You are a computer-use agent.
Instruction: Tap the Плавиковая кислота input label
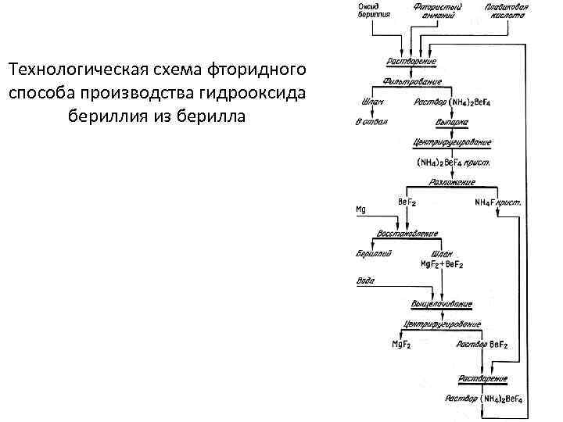tap(505, 11)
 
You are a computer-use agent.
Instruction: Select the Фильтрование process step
tap(412, 81)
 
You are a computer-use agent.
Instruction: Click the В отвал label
tap(371, 122)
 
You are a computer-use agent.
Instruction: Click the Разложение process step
tap(451, 181)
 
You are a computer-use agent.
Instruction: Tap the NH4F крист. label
tap(498, 202)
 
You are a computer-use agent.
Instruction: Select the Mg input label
tap(360, 210)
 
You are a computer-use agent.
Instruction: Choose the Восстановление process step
tap(407, 234)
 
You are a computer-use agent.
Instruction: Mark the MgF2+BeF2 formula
tap(443, 265)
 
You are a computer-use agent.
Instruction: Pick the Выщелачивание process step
tap(439, 303)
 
